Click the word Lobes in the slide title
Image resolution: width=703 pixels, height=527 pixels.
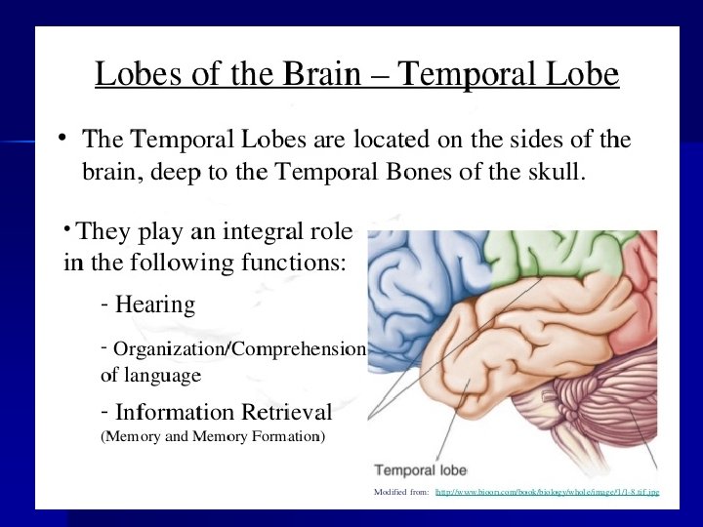click(132, 75)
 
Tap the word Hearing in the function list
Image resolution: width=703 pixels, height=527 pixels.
click(155, 305)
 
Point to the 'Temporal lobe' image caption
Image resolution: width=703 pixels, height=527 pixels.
click(421, 469)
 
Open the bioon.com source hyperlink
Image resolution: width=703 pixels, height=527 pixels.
click(547, 492)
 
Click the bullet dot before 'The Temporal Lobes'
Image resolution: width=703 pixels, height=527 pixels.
click(61, 138)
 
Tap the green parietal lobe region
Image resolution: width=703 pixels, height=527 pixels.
click(547, 256)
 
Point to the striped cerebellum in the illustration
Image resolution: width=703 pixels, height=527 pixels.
click(605, 400)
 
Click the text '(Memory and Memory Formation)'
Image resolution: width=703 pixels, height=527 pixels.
click(214, 436)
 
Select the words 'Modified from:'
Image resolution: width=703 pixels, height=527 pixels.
click(401, 492)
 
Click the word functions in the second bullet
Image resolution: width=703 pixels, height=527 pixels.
click(295, 263)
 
